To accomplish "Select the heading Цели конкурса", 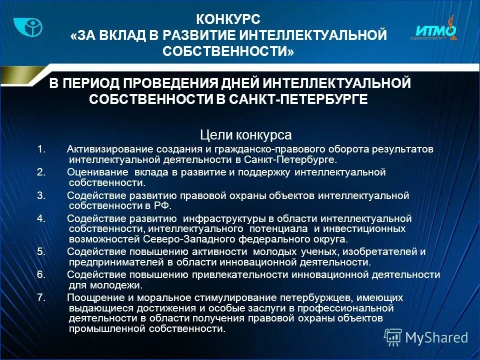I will click(x=245, y=135).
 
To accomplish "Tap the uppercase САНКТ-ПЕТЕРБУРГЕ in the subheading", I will click(x=298, y=99).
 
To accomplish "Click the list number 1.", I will click(x=41, y=149).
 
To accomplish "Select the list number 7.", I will click(x=41, y=297).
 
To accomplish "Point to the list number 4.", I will click(x=41, y=218).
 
